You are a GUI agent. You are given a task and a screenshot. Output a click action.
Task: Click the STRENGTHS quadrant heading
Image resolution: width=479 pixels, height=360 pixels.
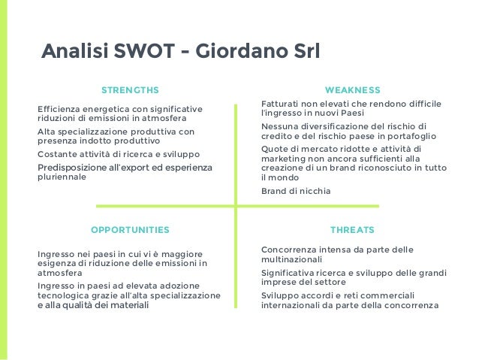pos(130,89)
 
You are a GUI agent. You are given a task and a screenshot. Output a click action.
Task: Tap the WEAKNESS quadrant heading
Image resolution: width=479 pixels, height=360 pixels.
pos(352,89)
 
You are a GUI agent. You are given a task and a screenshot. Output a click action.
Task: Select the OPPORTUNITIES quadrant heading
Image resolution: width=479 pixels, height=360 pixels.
pos(130,228)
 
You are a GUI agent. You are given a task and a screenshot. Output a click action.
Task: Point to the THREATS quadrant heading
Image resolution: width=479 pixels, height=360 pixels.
pos(352,228)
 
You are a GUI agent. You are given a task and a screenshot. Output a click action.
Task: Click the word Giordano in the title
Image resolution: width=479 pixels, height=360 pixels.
pos(238,53)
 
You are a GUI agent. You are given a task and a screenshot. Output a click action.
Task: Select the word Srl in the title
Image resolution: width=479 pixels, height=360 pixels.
pos(302,53)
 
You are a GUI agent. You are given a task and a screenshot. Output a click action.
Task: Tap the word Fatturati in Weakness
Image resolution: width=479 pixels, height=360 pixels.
pos(282,104)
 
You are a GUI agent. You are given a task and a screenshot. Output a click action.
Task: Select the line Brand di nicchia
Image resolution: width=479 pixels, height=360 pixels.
pos(295,191)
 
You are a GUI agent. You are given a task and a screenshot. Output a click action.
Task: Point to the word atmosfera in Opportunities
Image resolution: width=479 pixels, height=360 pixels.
pos(60,274)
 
